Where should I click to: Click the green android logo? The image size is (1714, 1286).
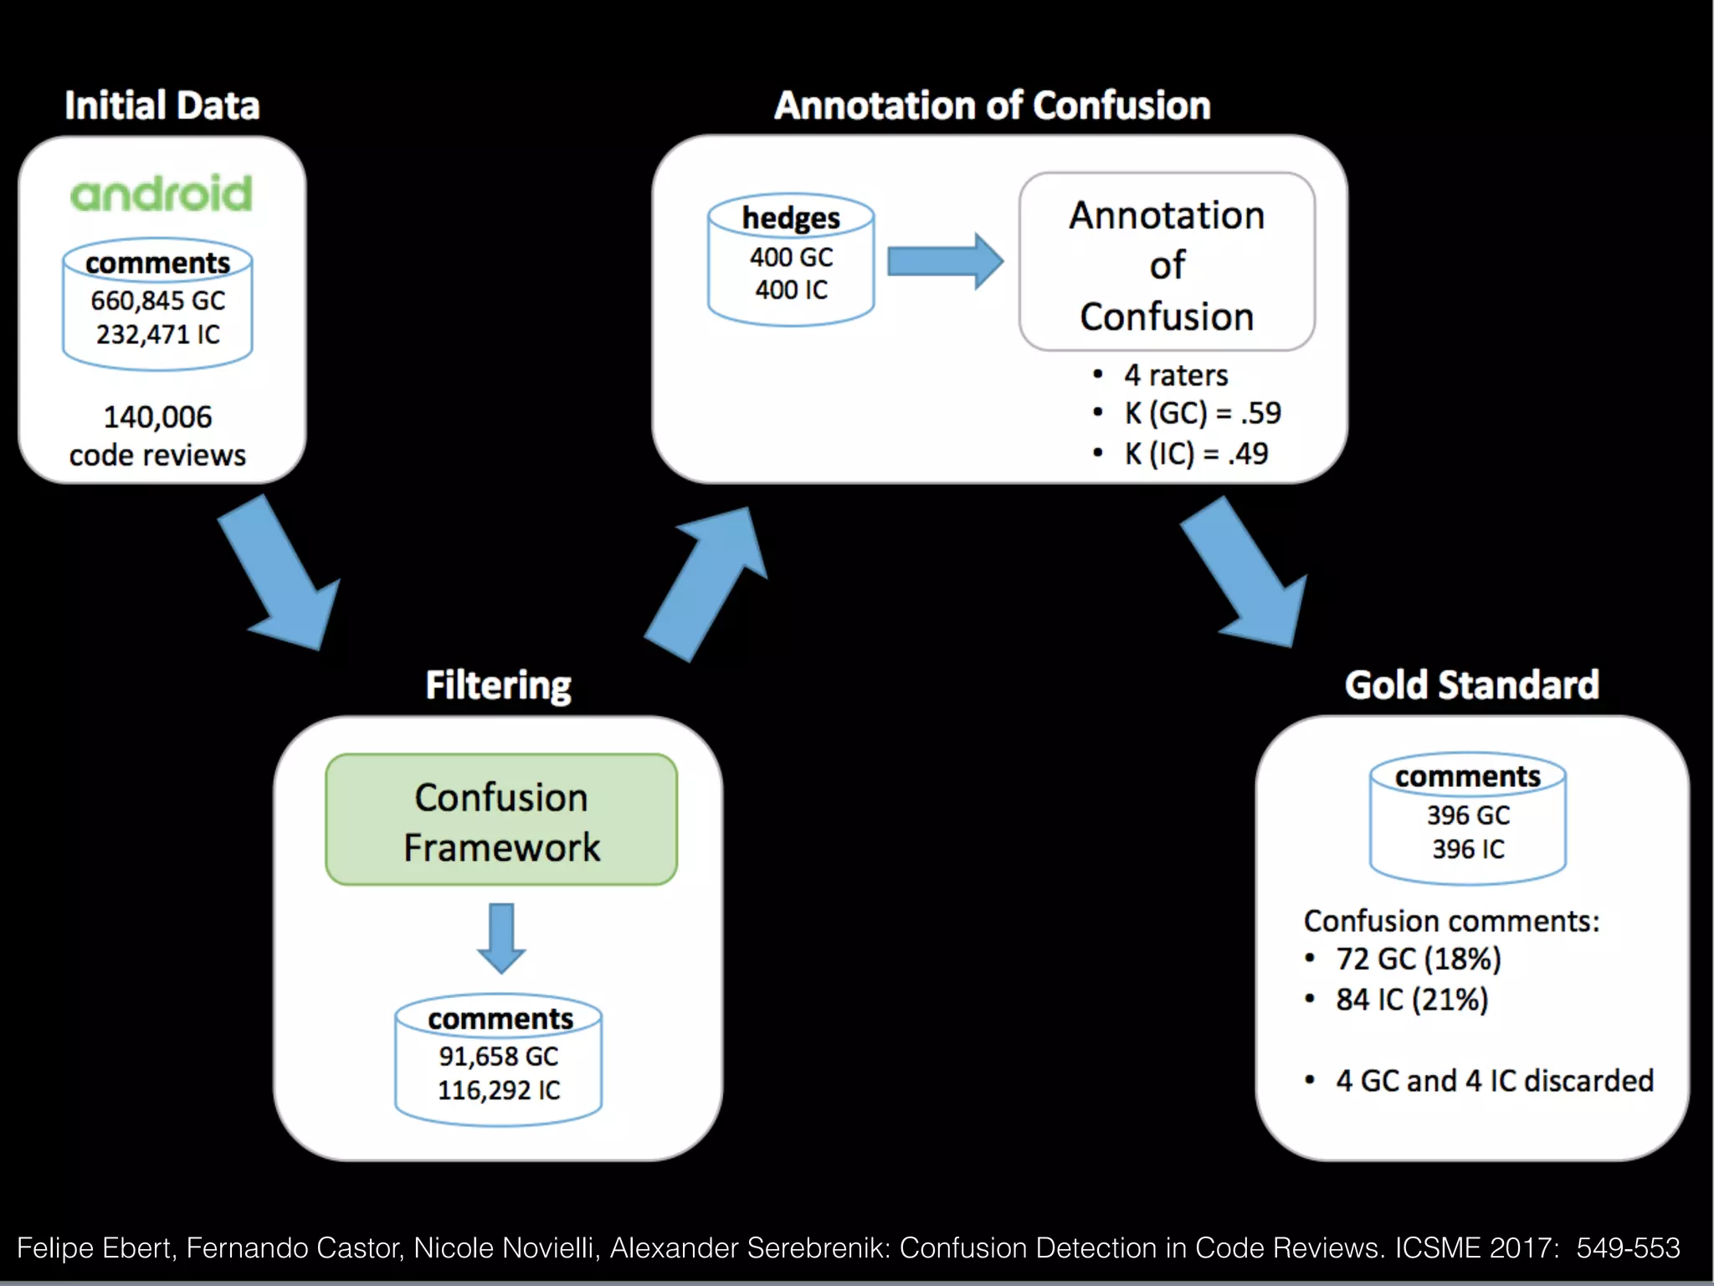161,193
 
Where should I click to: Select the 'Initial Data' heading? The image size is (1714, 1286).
162,105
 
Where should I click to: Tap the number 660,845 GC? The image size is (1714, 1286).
157,301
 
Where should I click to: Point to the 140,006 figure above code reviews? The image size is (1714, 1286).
157,417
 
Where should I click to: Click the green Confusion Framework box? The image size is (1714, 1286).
501,820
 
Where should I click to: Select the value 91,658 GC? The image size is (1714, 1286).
498,1057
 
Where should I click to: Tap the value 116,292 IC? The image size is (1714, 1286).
498,1091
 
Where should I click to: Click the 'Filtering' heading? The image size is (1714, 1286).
498,685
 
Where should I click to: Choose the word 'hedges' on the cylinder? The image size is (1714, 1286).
791,218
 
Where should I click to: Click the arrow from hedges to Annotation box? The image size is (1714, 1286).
944,261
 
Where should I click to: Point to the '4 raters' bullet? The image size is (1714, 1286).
1175,375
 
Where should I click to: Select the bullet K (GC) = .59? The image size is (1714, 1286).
1202,413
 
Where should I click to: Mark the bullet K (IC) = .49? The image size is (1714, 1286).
1195,454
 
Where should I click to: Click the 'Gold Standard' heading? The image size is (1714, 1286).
1471,685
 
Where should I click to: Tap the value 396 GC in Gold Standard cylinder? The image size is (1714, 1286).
1468,815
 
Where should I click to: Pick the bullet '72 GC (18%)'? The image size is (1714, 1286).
1418,959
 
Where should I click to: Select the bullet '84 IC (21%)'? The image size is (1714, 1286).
1411,1000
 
